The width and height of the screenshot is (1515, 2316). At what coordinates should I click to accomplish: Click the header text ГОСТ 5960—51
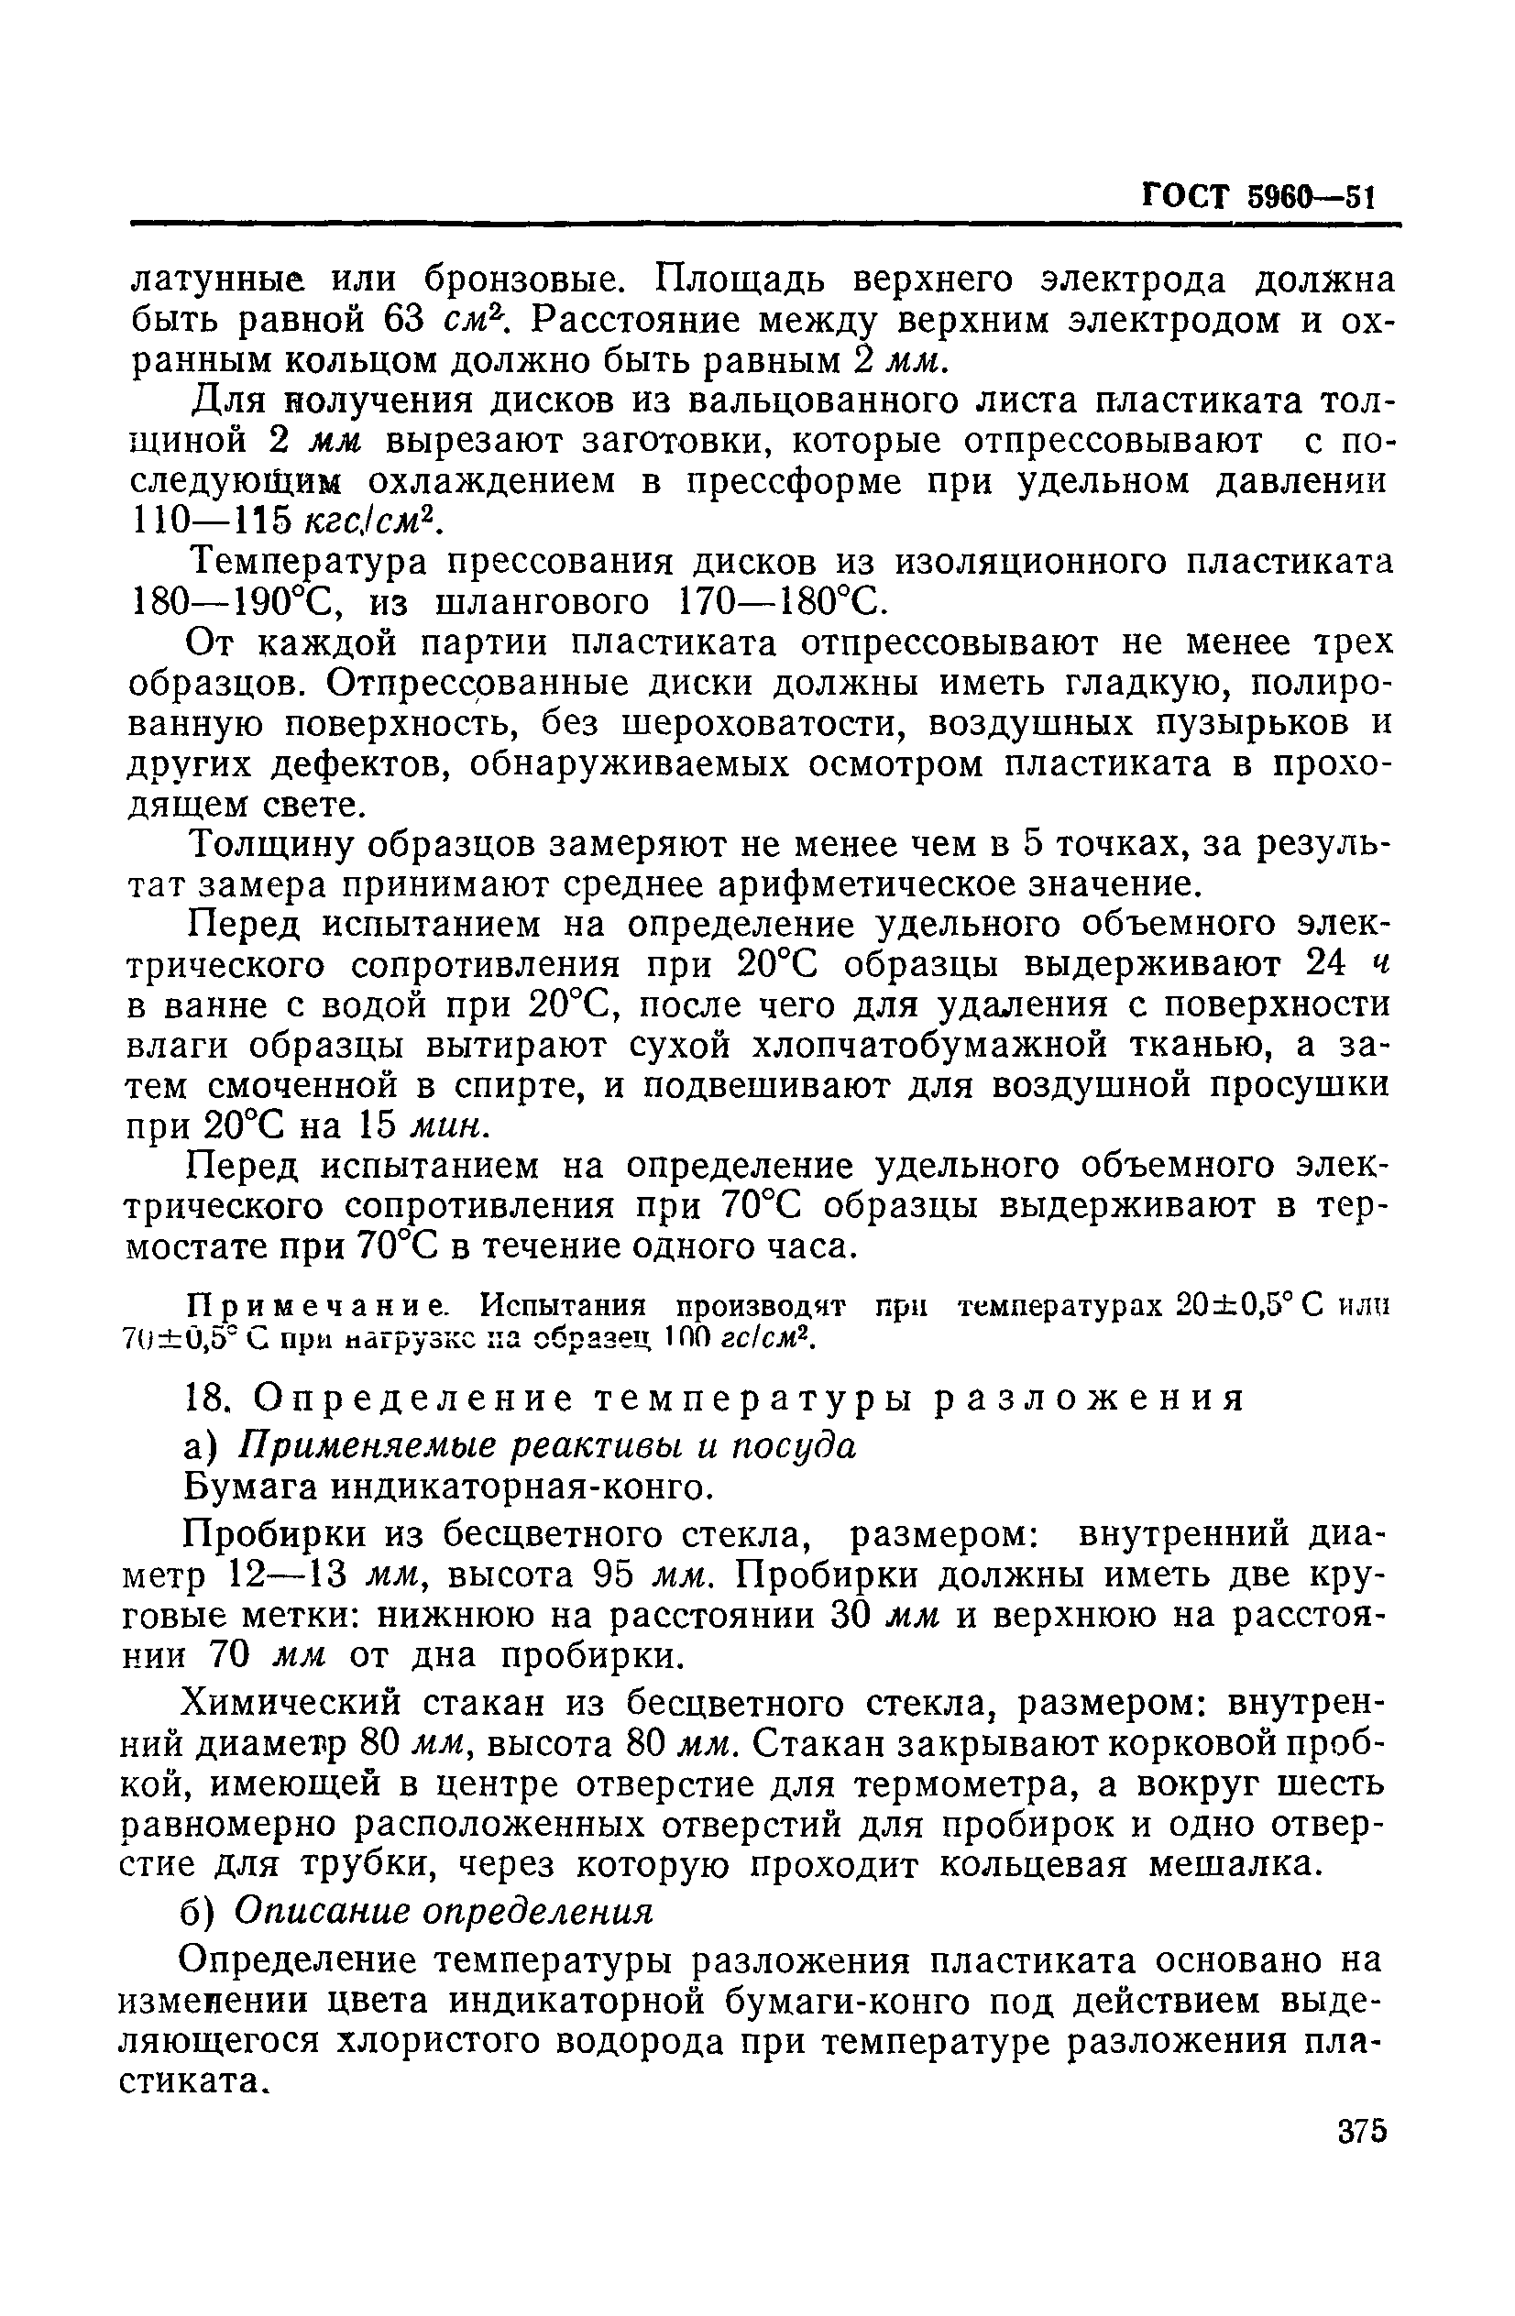click(x=1257, y=200)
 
